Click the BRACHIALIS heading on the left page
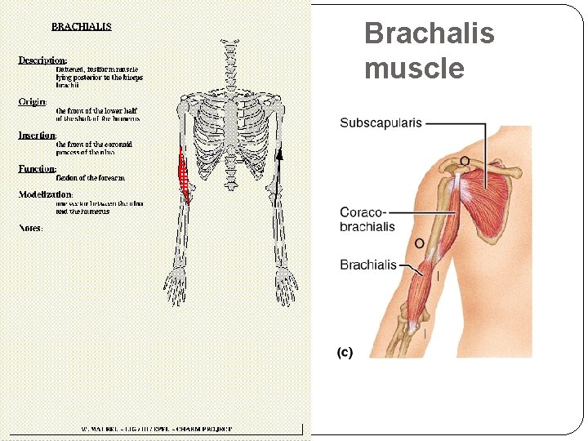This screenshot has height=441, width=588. pos(82,26)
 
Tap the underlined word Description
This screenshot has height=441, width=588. pos(42,60)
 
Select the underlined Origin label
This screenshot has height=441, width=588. pos(33,102)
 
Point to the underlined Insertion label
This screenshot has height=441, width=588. pos(38,136)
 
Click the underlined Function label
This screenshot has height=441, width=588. pos(37,169)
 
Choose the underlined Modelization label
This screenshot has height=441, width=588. pos(46,194)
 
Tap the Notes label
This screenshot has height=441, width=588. pos(31,228)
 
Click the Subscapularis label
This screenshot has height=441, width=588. pos(381,123)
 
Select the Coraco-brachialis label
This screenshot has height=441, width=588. pos(367,220)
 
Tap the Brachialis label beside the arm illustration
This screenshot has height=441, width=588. pos(367,265)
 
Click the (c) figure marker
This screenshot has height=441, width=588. pos(345,352)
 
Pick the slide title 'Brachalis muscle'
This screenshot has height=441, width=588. pos(429,51)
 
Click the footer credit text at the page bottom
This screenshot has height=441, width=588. pos(156,428)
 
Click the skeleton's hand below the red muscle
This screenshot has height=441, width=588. pos(176,286)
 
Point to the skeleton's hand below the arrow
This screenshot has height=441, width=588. pos(285,286)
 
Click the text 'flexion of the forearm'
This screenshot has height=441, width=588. pos(91,176)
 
